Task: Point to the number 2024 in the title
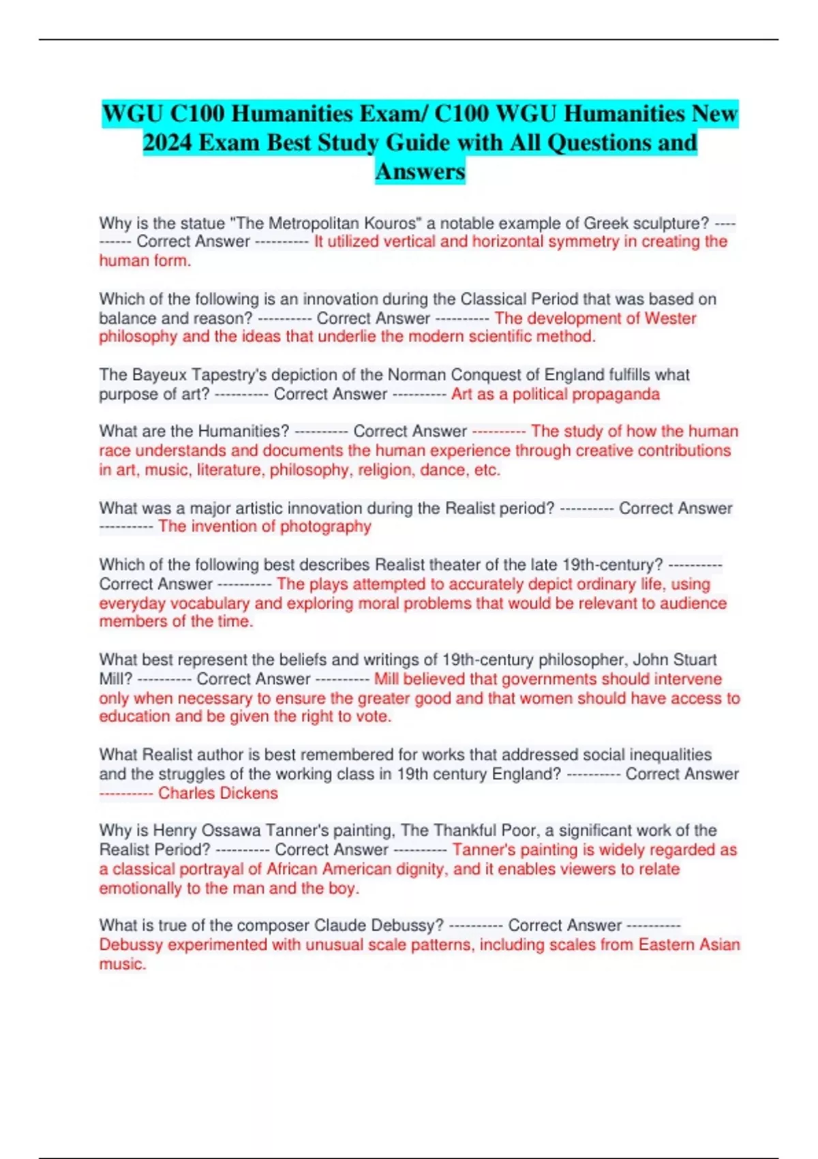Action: (x=168, y=142)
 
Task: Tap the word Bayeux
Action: (x=160, y=375)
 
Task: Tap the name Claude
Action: (x=340, y=926)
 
